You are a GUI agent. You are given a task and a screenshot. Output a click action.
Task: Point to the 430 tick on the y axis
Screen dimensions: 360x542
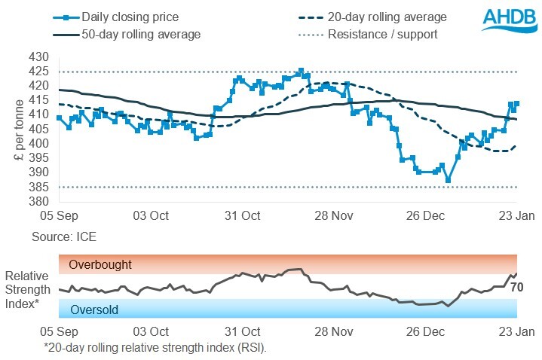38,57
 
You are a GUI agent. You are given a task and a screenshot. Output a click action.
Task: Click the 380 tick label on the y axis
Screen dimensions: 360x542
38,201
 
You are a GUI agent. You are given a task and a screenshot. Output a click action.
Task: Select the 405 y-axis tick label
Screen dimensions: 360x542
38,129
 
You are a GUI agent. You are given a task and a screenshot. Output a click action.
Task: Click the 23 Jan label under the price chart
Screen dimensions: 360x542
516,215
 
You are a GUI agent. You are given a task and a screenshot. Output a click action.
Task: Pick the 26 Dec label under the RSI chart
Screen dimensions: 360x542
425,331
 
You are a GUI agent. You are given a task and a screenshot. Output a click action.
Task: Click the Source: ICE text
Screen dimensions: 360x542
64,236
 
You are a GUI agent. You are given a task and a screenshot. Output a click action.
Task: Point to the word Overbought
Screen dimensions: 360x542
100,265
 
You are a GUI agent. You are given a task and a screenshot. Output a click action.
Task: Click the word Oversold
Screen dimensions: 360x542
94,309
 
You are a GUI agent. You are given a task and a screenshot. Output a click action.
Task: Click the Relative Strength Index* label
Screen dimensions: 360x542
28,289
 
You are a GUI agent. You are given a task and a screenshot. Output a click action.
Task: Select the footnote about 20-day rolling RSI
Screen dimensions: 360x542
155,347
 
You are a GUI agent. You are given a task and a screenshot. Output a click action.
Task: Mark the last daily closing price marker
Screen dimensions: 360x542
516,104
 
